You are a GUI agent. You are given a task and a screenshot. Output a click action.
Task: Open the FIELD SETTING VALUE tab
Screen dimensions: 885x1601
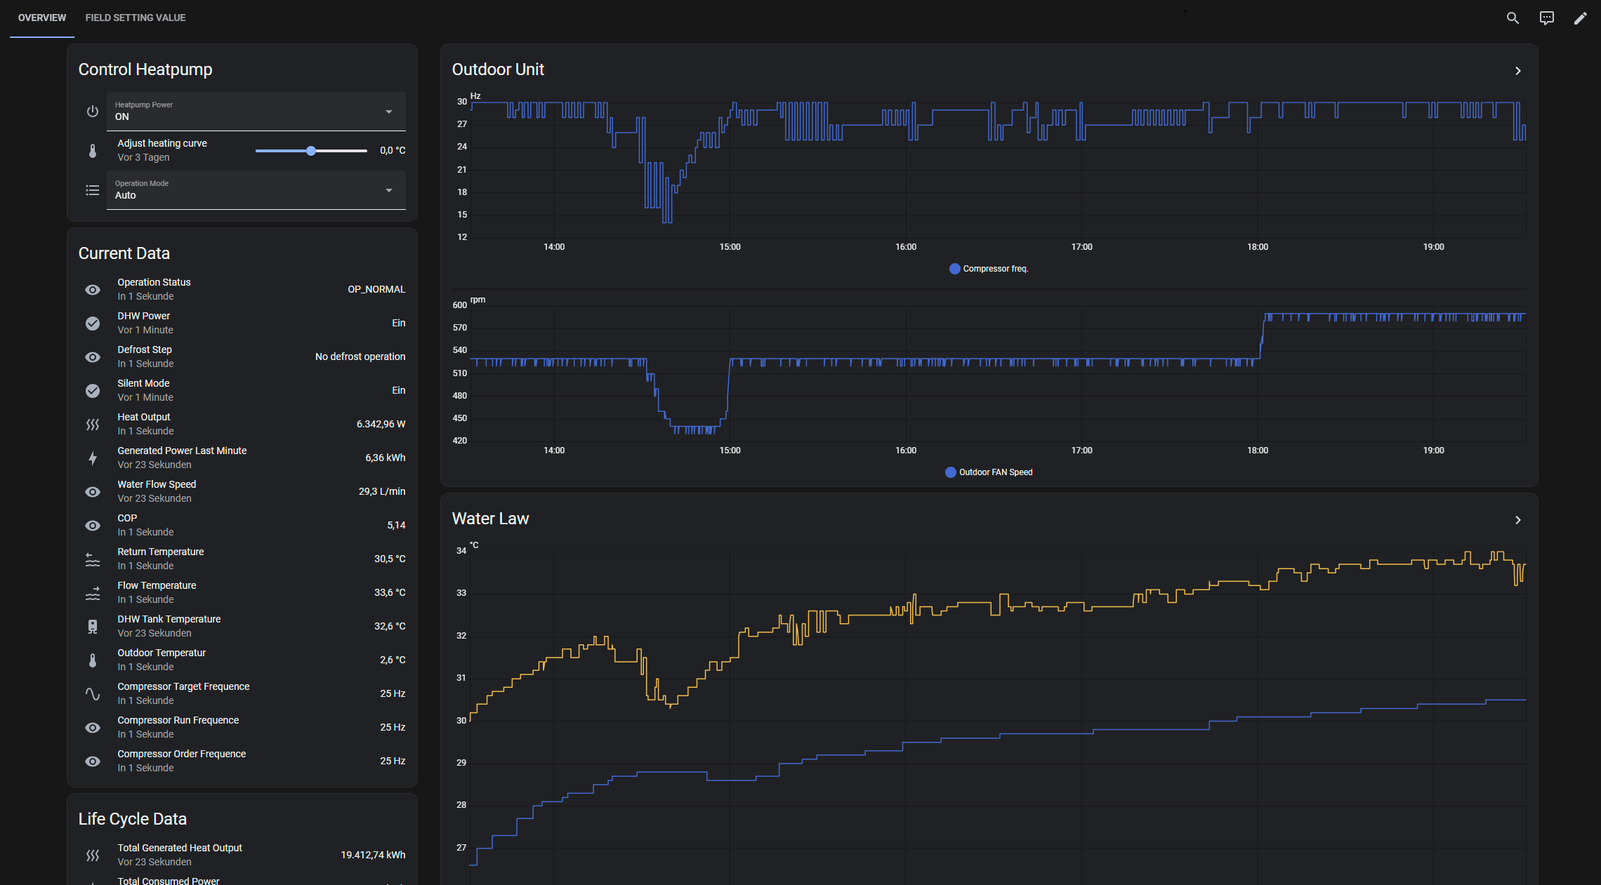pos(136,18)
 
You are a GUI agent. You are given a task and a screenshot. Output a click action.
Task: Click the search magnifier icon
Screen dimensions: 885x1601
pos(1513,18)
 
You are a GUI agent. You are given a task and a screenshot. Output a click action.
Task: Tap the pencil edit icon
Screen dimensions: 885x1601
pos(1580,18)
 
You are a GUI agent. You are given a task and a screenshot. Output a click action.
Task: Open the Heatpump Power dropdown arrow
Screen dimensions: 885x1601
pos(389,112)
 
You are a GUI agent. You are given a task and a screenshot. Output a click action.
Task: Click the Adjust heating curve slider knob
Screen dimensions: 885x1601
pos(311,151)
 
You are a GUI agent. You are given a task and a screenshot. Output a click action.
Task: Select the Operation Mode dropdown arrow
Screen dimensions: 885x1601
pos(389,190)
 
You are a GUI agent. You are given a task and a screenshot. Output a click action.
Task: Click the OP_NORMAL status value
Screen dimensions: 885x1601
pos(376,289)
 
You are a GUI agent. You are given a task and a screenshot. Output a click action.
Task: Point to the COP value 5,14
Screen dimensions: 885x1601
pos(396,525)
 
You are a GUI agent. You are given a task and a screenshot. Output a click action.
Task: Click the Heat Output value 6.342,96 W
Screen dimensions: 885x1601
pos(381,424)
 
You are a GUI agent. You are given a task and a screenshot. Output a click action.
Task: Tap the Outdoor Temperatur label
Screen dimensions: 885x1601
pos(162,653)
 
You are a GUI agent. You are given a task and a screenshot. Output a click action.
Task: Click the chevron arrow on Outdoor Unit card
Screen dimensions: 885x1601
pos(1518,71)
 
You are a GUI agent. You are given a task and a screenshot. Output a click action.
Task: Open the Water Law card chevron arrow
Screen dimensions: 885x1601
pos(1518,520)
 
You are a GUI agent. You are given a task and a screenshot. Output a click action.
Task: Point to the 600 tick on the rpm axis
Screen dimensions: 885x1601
pos(460,305)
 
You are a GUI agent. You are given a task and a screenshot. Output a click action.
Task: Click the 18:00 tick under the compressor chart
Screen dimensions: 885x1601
pos(1258,247)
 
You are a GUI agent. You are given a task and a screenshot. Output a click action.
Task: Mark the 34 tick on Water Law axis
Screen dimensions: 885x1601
pos(461,551)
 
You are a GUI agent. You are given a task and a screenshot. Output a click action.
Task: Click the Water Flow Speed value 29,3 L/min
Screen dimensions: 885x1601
pos(382,491)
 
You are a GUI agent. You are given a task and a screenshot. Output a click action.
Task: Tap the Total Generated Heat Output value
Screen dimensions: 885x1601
pos(373,855)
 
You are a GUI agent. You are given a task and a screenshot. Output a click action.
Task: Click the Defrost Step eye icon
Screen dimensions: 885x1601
pos(93,357)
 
